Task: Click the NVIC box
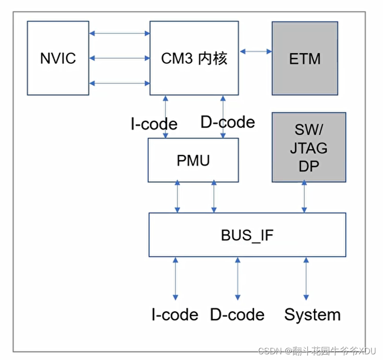coord(57,58)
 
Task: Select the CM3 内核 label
coord(194,58)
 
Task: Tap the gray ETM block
coord(305,58)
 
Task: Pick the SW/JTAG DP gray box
coord(308,147)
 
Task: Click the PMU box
coord(193,160)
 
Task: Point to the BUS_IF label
coord(247,235)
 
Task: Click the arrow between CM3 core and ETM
coord(256,51)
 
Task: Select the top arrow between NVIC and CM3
coord(119,33)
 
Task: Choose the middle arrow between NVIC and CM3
coord(119,58)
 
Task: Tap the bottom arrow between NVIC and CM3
coord(119,83)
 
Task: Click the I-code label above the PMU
coord(153,124)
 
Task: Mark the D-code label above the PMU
coord(228,122)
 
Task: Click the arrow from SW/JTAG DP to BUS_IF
coord(305,197)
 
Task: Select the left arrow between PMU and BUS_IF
coord(177,197)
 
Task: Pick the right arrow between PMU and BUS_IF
coord(213,197)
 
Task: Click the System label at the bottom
coord(312,315)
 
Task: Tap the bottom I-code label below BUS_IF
coord(174,315)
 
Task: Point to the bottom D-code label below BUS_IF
coord(237,315)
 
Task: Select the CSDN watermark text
coord(316,351)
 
